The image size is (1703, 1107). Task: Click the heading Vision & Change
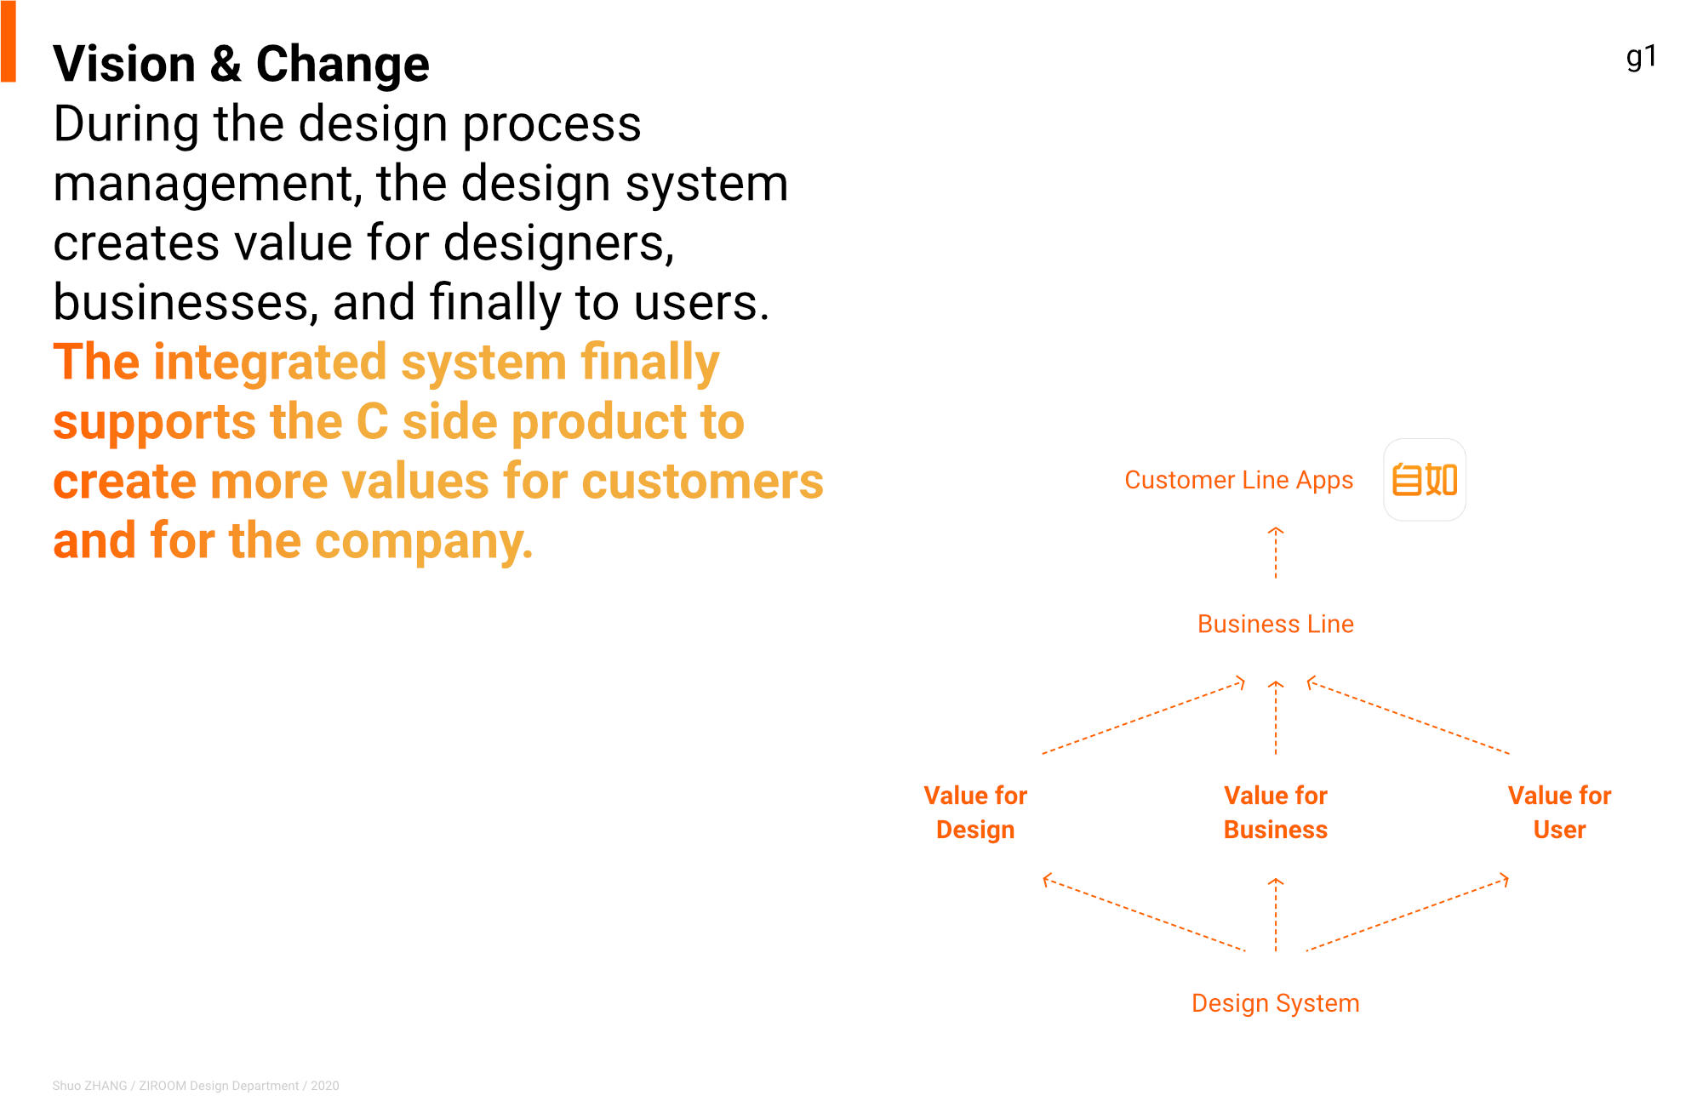coord(241,65)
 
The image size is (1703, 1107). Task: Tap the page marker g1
coord(1641,57)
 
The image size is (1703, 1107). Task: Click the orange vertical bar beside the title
coord(9,41)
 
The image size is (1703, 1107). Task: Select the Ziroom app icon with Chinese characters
coord(1424,480)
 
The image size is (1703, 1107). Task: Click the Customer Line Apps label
coord(1238,481)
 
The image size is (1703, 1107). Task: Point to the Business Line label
coord(1275,624)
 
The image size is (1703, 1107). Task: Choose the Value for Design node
coord(975,813)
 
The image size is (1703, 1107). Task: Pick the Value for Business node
coord(1275,813)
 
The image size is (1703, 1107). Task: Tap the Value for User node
coord(1559,813)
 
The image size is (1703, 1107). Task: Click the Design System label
coord(1275,1003)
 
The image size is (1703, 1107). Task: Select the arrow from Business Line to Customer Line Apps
coord(1275,553)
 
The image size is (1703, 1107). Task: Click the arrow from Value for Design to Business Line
coord(1143,716)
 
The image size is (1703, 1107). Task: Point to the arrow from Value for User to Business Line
coord(1409,716)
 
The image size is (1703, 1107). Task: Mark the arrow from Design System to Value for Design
coord(1144,912)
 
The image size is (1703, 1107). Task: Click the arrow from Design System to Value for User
coord(1408,912)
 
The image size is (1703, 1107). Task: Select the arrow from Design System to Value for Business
coord(1275,915)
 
